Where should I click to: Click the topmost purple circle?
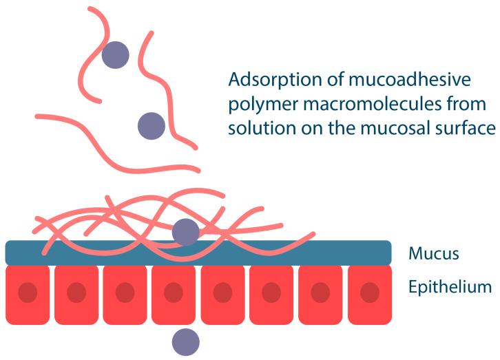tap(116, 55)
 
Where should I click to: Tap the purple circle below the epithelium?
tap(185, 341)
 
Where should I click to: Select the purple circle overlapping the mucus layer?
tap(185, 233)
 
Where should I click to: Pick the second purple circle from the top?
tap(152, 126)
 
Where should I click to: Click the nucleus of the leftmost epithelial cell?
tap(27, 292)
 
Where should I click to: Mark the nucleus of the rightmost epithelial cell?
tap(370, 292)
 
